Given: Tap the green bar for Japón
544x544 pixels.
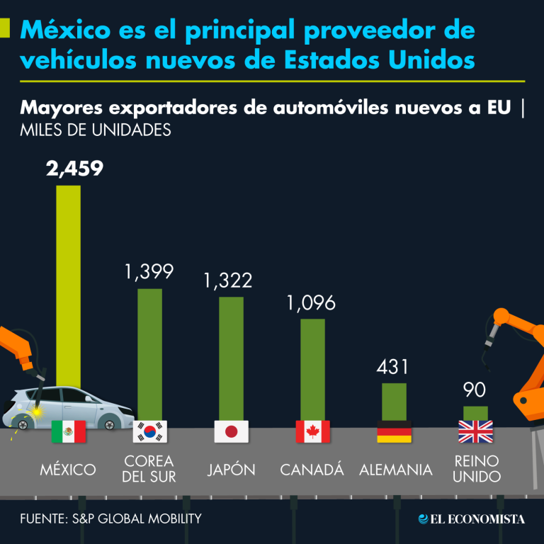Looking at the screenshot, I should pyautogui.click(x=231, y=358).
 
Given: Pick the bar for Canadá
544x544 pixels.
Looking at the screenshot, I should pyautogui.click(x=312, y=368).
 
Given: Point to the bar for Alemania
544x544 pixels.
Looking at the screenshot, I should pyautogui.click(x=394, y=402).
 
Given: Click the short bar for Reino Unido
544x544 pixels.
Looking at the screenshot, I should pyautogui.click(x=475, y=412).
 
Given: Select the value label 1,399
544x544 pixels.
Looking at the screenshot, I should pyautogui.click(x=149, y=271).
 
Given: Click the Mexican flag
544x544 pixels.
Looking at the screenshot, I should pyautogui.click(x=69, y=431).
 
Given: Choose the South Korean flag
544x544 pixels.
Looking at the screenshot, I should pyautogui.click(x=149, y=431).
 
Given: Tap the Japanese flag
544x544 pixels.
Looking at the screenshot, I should pyautogui.click(x=231, y=431).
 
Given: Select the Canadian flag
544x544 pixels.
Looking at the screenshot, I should pyautogui.click(x=312, y=431).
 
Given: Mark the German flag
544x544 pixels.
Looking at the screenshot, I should pyautogui.click(x=394, y=431).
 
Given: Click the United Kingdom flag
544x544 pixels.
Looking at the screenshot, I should pyautogui.click(x=475, y=431).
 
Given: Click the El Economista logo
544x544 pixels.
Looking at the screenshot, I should pyautogui.click(x=471, y=519).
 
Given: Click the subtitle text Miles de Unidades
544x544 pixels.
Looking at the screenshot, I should pyautogui.click(x=96, y=130).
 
